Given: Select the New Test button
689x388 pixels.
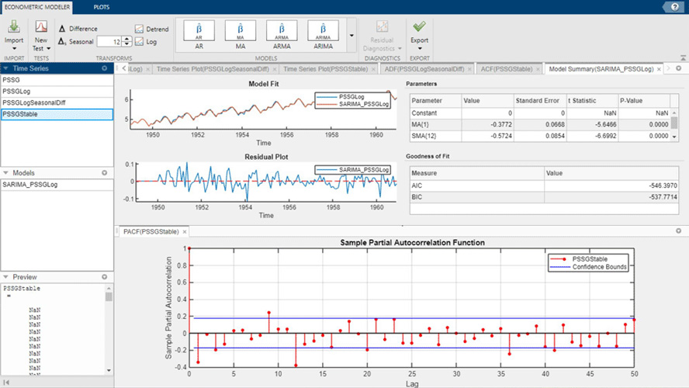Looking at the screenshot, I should coord(41,34).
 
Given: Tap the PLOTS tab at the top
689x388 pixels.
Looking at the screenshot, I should coord(101,6).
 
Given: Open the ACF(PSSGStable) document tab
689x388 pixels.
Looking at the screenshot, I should coord(506,69).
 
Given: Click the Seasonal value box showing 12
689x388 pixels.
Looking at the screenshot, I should coord(109,42).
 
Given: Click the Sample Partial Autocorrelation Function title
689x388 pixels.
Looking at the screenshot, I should coord(412,242).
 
